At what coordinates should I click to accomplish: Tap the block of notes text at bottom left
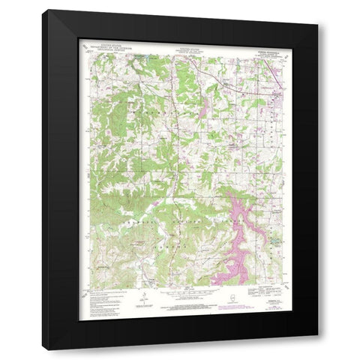(97, 292)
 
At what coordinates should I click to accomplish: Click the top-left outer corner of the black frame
(42, 10)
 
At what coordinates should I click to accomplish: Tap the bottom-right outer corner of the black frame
(318, 349)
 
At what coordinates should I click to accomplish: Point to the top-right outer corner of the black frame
(318, 10)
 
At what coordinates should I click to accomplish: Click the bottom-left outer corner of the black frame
(42, 349)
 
